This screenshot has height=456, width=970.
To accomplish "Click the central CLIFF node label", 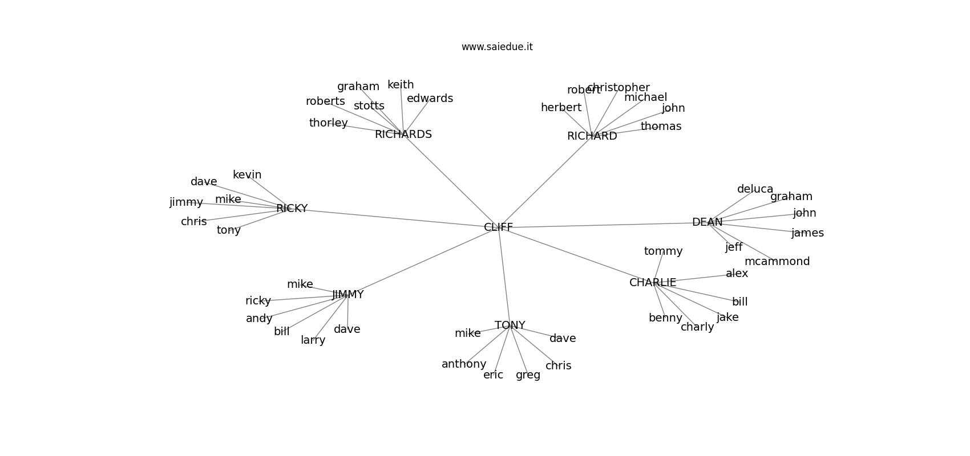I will click(498, 227).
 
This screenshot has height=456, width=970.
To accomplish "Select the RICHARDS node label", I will click(403, 135).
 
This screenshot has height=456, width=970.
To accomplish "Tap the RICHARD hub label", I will click(592, 136).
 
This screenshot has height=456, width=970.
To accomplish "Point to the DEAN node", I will click(707, 222).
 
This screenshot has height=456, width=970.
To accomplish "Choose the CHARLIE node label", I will click(652, 283).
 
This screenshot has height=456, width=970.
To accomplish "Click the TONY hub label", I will click(510, 325).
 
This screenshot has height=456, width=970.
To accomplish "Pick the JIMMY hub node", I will click(347, 295).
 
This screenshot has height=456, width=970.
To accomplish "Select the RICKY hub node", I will click(292, 209).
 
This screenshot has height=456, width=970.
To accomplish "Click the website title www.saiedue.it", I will click(497, 47).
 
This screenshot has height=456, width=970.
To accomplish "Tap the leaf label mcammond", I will click(777, 262).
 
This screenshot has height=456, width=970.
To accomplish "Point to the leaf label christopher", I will click(619, 88).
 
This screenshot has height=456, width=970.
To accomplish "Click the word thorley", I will click(328, 123).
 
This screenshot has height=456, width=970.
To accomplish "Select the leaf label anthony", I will click(463, 364).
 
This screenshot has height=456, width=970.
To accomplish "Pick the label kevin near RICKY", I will click(246, 175).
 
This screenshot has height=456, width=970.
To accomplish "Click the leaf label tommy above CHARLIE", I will click(663, 251).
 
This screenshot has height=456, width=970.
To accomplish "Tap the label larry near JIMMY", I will click(313, 340).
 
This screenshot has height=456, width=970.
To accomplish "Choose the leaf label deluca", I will click(755, 189).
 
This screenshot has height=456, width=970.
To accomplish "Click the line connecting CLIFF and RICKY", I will click(394, 218).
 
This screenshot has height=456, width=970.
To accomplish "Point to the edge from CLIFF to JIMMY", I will click(422, 261).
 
